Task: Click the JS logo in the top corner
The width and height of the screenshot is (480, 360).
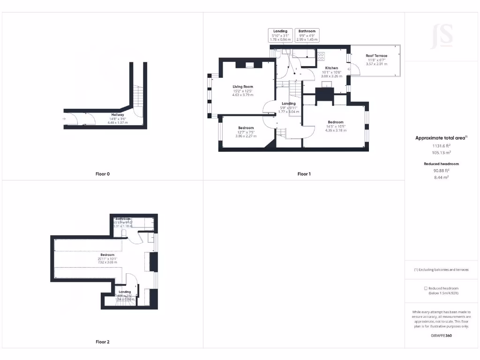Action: tap(442, 36)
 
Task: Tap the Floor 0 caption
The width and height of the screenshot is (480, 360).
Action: tap(102, 174)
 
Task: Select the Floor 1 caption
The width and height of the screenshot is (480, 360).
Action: tap(304, 174)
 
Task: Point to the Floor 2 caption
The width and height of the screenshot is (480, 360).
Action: tap(102, 342)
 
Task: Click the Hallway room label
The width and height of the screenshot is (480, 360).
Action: tap(118, 115)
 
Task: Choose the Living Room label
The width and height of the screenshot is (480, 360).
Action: tap(243, 87)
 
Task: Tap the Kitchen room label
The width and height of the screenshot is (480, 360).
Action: tap(331, 68)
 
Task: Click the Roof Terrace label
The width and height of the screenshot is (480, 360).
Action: tap(376, 56)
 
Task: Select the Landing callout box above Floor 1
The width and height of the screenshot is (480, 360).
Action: tap(280, 36)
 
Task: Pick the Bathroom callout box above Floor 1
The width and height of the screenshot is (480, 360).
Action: tap(307, 36)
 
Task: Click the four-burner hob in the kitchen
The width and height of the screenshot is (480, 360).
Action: tap(321, 56)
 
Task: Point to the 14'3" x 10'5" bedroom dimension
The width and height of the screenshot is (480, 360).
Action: tap(335, 126)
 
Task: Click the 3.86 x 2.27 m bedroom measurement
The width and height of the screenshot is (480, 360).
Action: tap(246, 136)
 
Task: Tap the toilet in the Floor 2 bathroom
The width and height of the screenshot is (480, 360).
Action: tap(125, 232)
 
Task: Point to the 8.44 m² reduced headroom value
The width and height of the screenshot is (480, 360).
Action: tap(440, 178)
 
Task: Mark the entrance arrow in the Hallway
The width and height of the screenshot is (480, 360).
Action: tap(64, 119)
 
